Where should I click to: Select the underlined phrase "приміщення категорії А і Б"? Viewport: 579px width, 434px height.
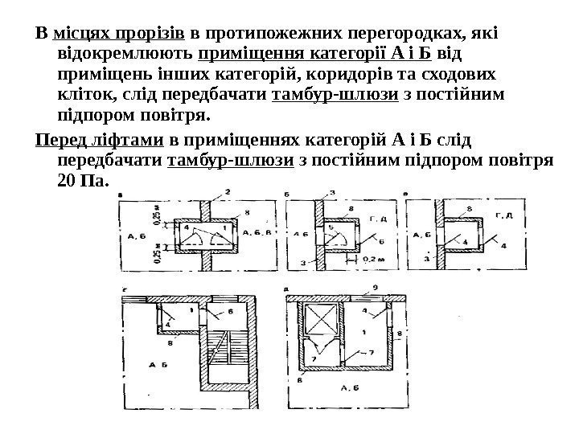point(314,55)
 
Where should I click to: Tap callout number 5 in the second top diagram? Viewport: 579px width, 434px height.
point(331,227)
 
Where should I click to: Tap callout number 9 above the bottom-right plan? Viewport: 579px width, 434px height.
point(375,287)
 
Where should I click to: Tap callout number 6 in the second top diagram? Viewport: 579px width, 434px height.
point(380,240)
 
